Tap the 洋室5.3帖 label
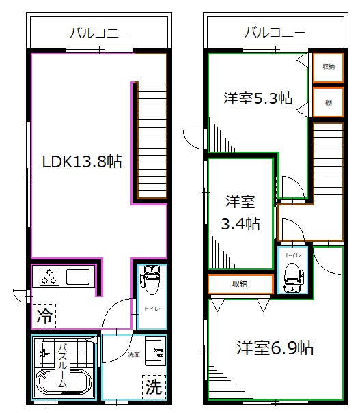pos(258,98)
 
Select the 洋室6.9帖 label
pos(275,347)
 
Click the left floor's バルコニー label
pos(99,32)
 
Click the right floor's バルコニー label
pos(274,32)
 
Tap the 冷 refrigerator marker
pos(44,316)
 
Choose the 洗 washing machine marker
pos(154,387)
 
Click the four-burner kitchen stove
pos(49,276)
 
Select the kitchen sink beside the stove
pos(77,277)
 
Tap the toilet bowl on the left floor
pos(150,282)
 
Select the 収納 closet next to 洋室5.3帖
pos(329,67)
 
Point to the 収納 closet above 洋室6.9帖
pos(239,283)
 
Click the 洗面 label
pos(133,355)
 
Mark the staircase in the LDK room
pos(150,141)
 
